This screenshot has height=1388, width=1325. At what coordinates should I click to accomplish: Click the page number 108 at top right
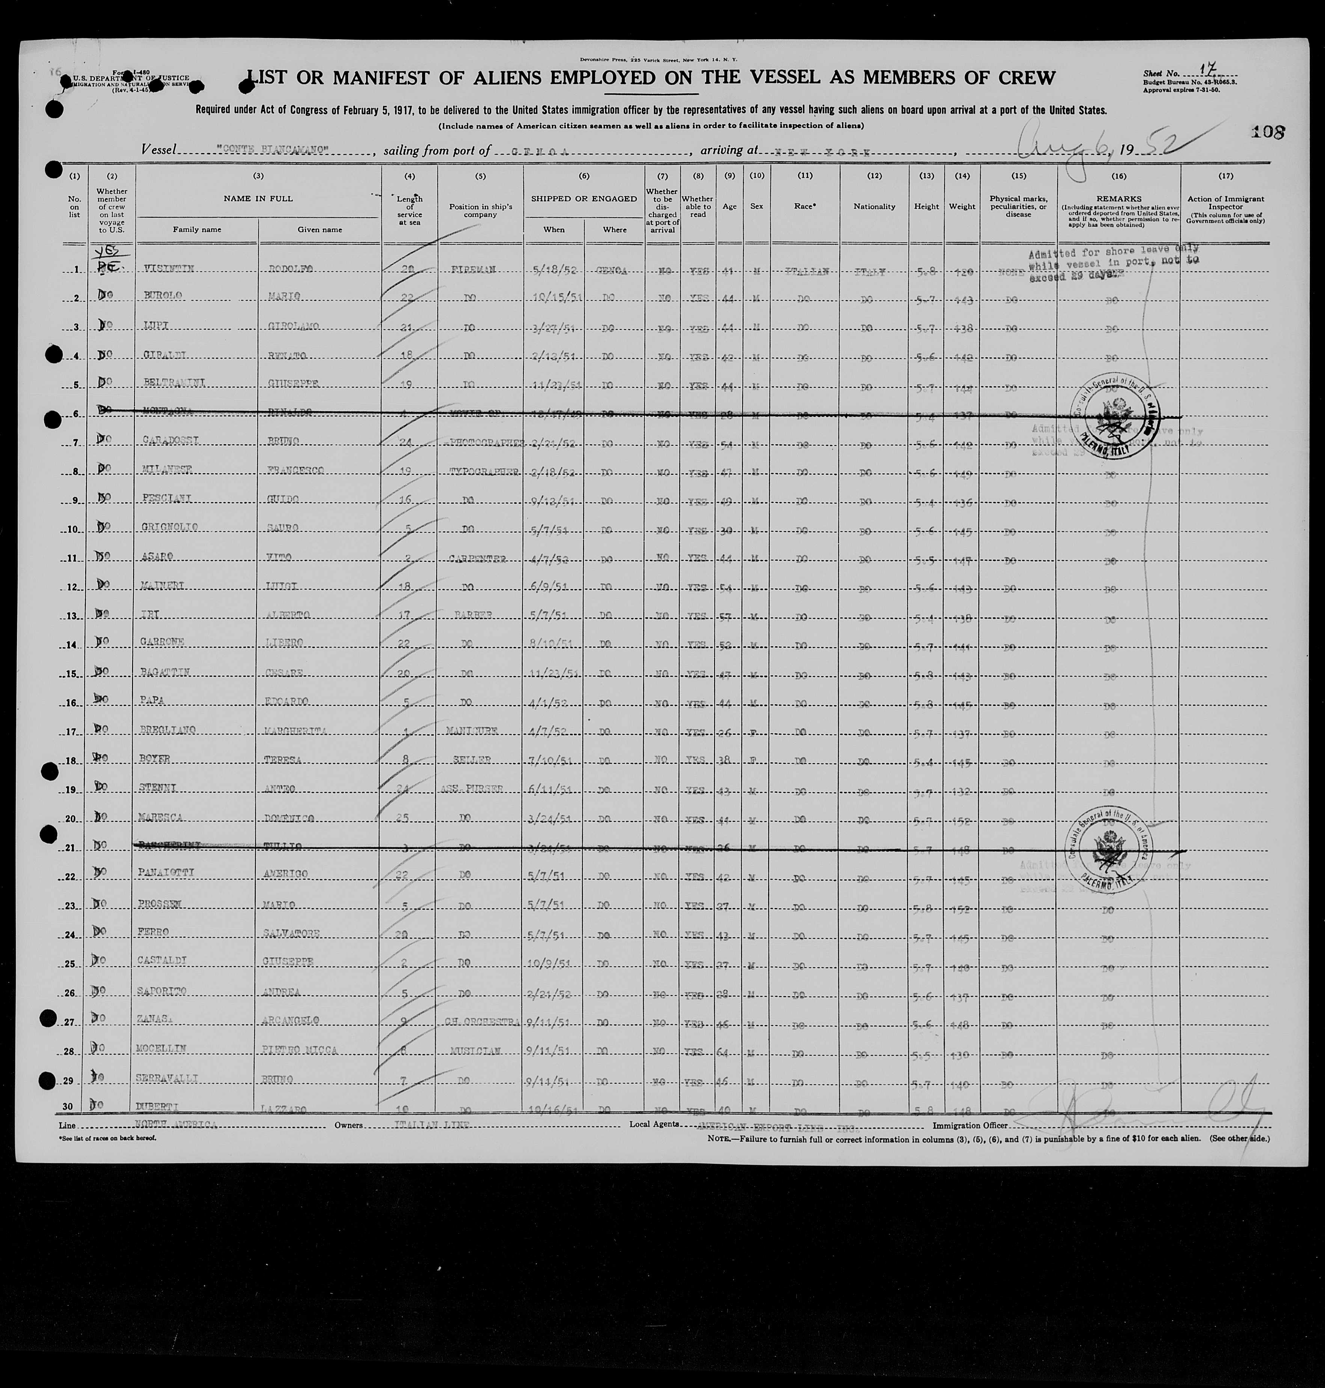click(1268, 132)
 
